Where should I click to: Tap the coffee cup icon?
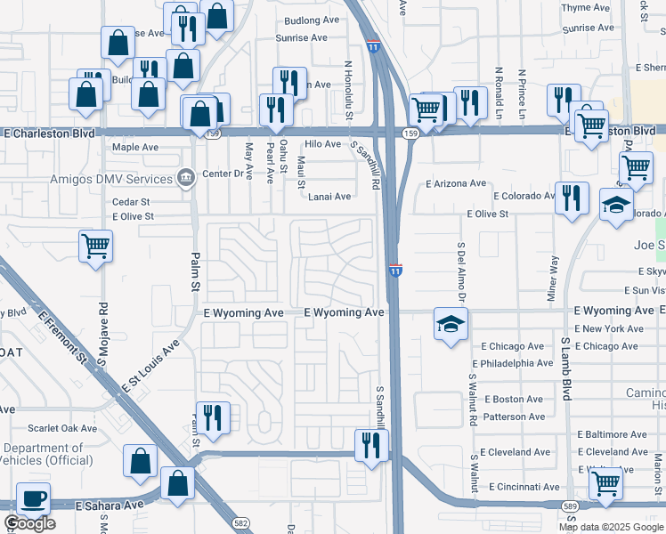coord(33,499)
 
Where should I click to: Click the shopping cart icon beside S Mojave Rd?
coord(95,245)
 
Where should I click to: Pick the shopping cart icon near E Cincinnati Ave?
coord(605,483)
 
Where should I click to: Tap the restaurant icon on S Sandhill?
coord(370,444)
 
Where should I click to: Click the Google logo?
coord(29,523)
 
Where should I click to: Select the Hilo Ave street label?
coord(322,144)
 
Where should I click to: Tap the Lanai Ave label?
coord(329,197)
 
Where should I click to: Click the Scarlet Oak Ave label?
coord(61,428)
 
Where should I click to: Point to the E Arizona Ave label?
coord(456,183)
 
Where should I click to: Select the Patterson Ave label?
coord(514,416)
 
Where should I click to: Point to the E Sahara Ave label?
coord(110,505)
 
